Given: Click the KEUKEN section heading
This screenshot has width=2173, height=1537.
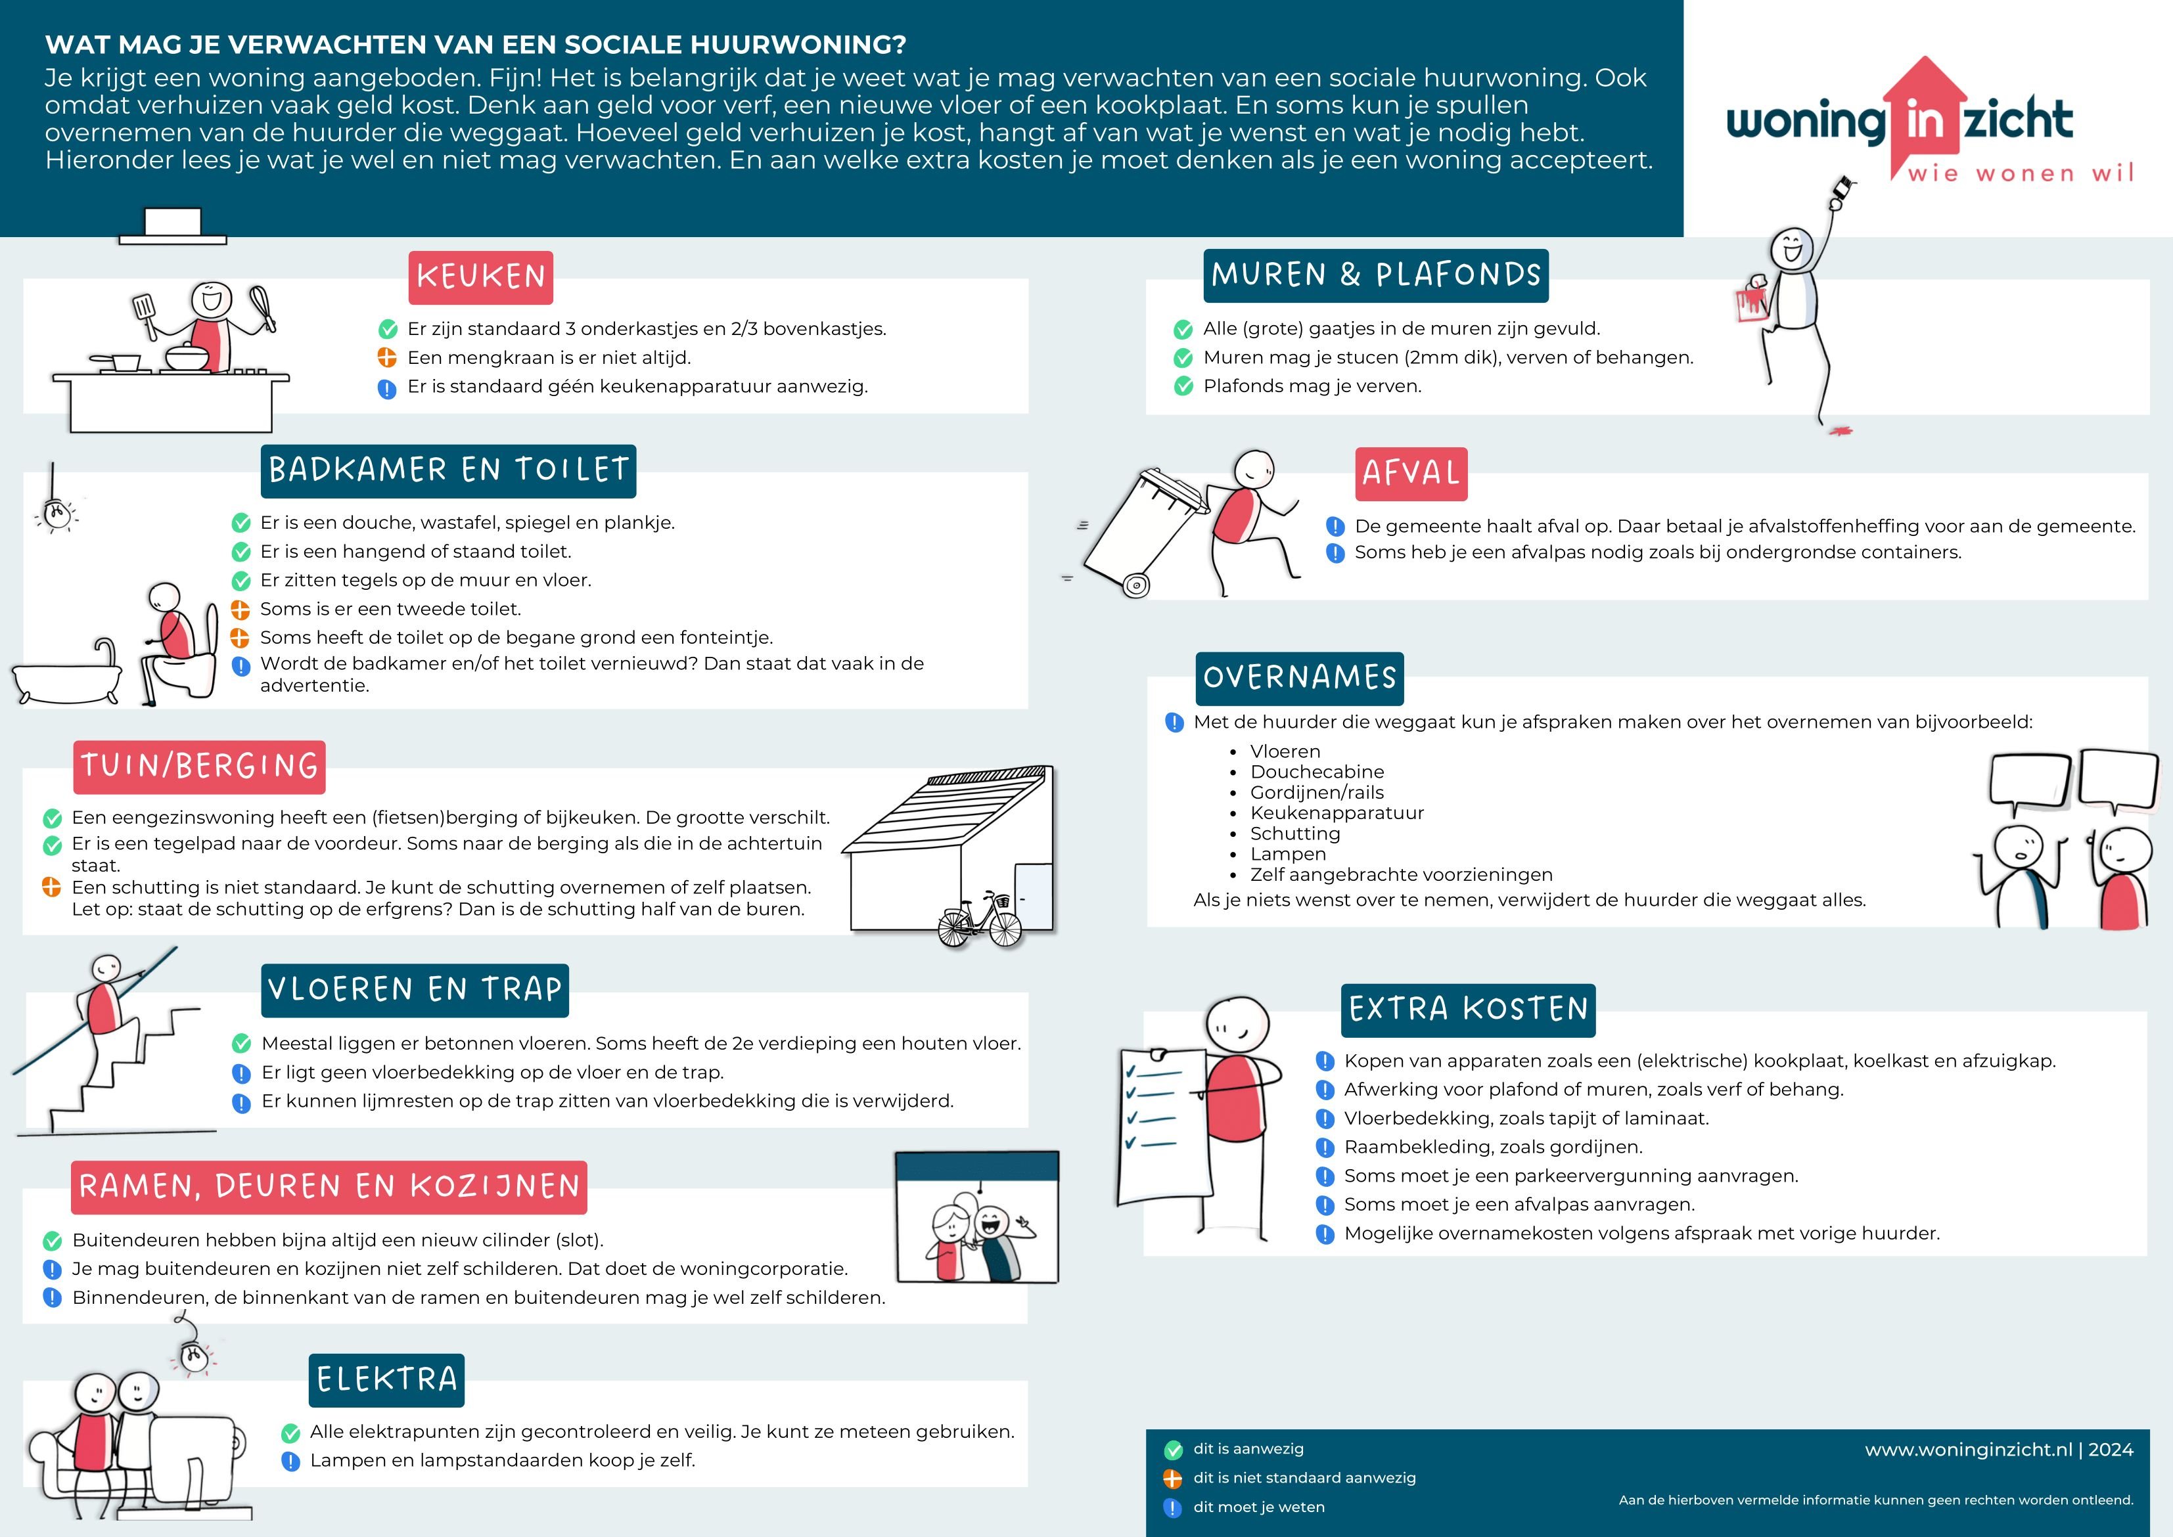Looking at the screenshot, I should coord(480,277).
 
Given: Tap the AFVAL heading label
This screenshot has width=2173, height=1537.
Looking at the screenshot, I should coord(1411,473).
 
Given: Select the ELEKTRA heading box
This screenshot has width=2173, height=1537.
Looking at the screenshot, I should coord(386,1380).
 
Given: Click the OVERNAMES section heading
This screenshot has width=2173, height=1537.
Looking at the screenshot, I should coord(1299,678).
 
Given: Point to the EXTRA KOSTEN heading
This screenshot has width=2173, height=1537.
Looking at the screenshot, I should coord(1467,1010).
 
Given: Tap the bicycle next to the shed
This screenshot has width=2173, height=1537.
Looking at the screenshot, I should coord(980,919).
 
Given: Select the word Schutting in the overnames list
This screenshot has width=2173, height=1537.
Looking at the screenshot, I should coord(1294,834).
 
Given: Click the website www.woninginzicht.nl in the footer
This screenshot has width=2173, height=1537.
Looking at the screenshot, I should coord(1969,1450).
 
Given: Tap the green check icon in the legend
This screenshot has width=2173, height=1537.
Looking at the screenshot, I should coord(1173,1450).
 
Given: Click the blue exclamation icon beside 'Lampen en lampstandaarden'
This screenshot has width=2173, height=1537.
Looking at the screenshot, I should coord(290,1461).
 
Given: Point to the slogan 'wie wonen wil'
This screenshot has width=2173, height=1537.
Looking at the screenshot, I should coord(2021,173).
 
